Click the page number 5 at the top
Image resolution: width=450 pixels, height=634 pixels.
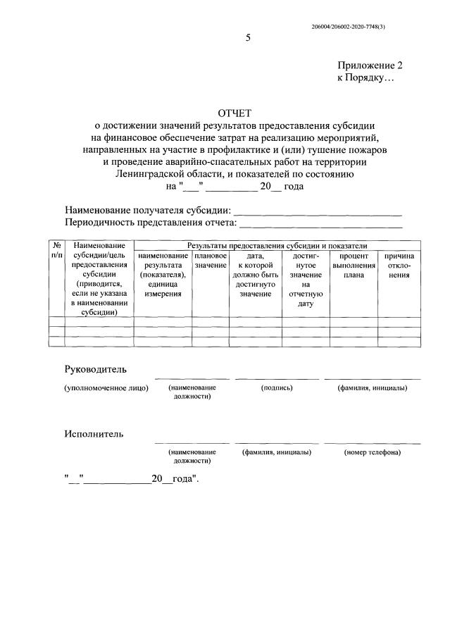tap(247, 37)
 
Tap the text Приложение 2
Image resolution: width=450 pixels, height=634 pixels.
tap(370, 65)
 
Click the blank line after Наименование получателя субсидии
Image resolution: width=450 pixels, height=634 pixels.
tap(317, 211)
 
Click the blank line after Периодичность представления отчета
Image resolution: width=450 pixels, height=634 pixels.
tap(321, 225)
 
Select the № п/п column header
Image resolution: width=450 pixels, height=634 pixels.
tap(56, 250)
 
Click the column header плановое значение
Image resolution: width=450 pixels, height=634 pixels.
tap(210, 260)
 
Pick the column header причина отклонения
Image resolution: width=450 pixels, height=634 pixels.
tap(399, 265)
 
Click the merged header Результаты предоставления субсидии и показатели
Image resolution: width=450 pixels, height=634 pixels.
tap(277, 244)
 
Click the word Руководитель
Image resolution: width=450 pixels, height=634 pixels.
tap(96, 369)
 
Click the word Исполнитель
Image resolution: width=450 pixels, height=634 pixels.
tap(94, 433)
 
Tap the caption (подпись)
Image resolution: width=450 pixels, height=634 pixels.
tap(276, 388)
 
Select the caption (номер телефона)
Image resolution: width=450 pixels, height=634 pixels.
tap(373, 452)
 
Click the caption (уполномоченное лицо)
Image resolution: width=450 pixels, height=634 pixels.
tap(106, 388)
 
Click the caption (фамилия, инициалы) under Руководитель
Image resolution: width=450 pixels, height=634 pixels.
tap(373, 388)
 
